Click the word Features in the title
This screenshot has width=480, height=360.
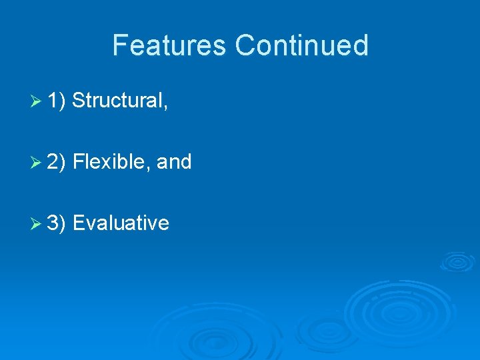(170, 45)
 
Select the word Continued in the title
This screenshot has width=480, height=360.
(301, 45)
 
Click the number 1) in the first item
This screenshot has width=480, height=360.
(57, 101)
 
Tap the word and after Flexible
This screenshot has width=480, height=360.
(174, 162)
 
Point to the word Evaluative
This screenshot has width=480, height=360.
(121, 223)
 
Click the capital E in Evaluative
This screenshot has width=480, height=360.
(78, 223)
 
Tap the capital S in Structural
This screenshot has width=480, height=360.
(79, 101)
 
